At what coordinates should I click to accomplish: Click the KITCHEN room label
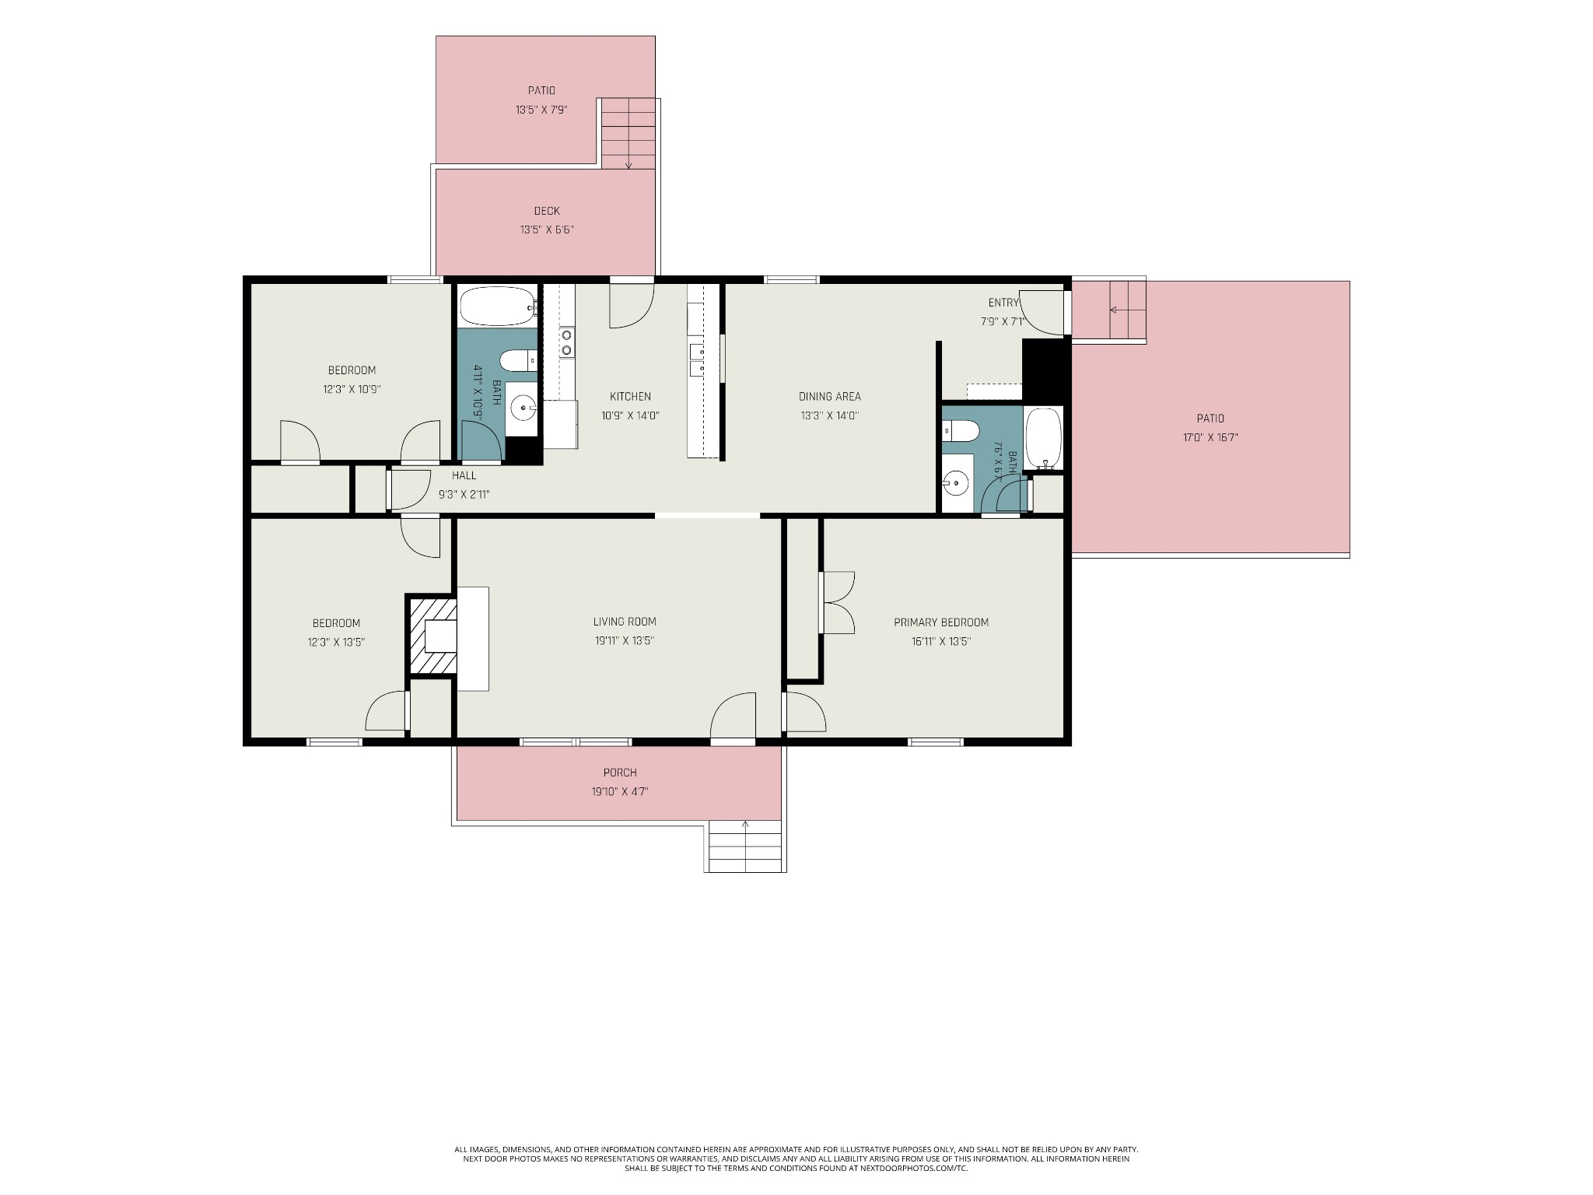click(630, 397)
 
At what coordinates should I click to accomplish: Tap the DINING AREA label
click(829, 397)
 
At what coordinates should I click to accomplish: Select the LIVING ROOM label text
click(625, 622)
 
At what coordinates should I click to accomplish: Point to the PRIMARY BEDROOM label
click(941, 622)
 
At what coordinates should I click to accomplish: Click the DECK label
click(547, 211)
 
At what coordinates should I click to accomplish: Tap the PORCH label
click(620, 773)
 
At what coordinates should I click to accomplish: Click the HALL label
click(464, 475)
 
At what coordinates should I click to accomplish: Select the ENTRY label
click(1003, 303)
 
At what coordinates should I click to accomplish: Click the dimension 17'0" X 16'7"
click(1210, 437)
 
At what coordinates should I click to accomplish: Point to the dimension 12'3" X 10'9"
click(352, 389)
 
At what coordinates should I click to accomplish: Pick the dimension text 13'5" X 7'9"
click(541, 110)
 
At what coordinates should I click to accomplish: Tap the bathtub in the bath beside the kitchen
click(498, 306)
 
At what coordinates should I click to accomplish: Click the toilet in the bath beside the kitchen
click(518, 360)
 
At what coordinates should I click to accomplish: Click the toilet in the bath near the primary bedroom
click(960, 431)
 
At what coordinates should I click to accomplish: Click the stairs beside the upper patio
click(629, 134)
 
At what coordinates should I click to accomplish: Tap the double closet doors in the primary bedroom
click(839, 603)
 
